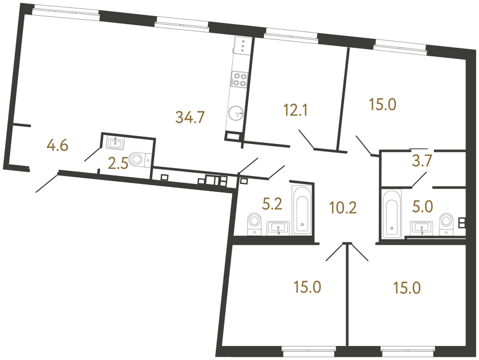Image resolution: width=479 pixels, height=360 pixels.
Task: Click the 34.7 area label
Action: coord(190,118)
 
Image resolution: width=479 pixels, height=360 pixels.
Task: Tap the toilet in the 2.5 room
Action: coord(139,160)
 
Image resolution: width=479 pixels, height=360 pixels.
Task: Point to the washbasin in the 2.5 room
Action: coord(116,142)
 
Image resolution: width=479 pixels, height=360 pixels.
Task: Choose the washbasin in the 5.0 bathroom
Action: coord(422,228)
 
